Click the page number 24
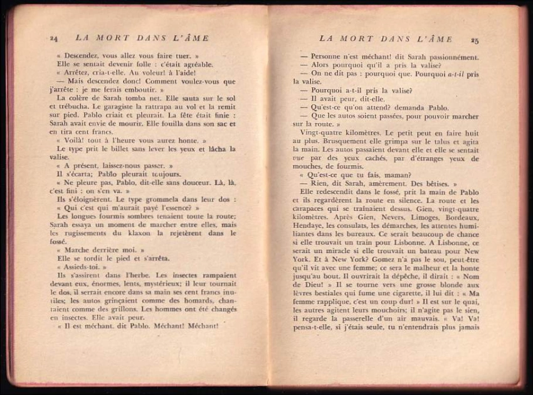click(x=53, y=39)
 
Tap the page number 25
click(x=475, y=40)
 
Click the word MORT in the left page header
click(x=110, y=38)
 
